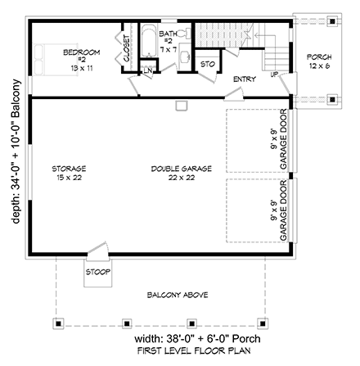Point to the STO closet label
point(207,62)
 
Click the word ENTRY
point(244,79)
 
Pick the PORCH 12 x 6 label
point(318,61)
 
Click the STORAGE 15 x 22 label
point(70,173)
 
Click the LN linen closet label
point(148,71)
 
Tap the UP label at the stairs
point(274,74)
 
